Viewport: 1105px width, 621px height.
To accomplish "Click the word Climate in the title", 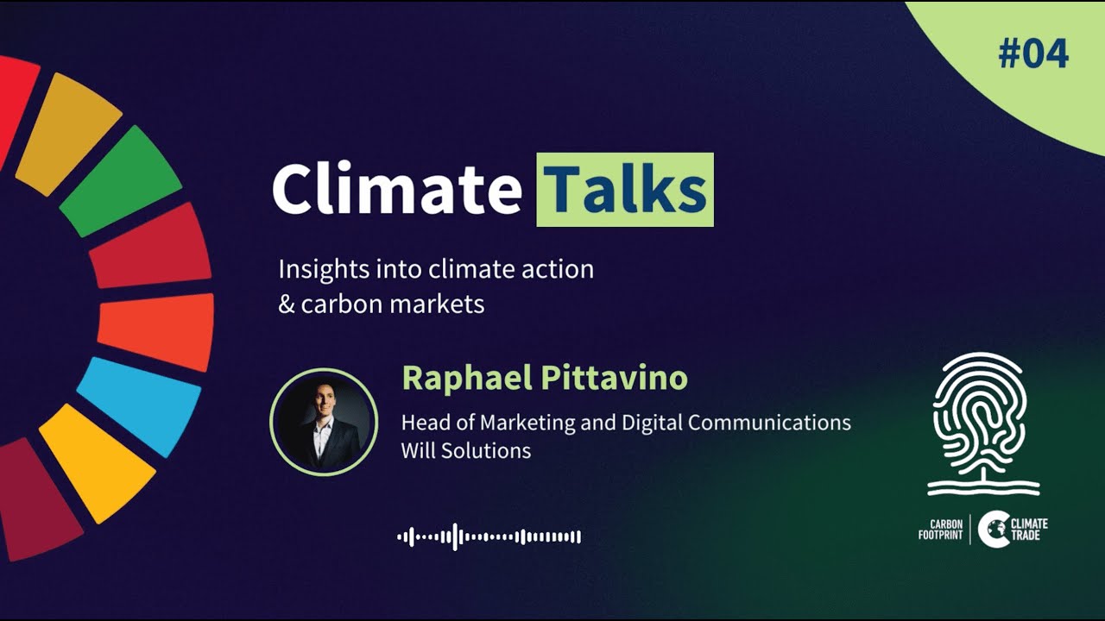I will [x=397, y=190].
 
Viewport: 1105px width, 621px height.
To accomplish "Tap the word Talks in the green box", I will [x=626, y=190].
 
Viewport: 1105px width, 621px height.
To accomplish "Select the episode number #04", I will [x=1033, y=54].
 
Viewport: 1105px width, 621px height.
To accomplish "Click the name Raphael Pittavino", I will [x=544, y=379].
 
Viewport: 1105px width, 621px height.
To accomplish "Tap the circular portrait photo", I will [x=324, y=422].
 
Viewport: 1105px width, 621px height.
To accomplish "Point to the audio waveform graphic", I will [x=489, y=537].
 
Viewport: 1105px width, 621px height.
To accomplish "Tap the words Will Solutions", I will [x=465, y=450].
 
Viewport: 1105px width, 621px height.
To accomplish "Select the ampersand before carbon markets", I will [x=287, y=304].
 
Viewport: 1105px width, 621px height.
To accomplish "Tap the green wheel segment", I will [x=121, y=181].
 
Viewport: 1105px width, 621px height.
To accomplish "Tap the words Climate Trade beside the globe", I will [x=1029, y=530].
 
